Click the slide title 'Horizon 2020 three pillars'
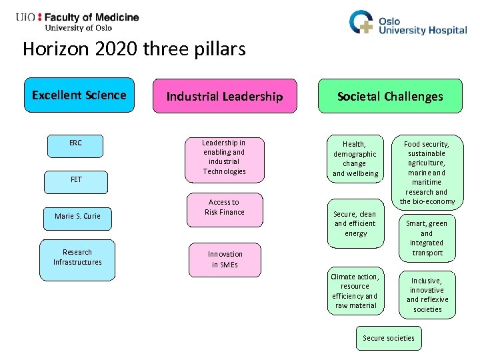click(x=134, y=49)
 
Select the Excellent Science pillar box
click(x=79, y=95)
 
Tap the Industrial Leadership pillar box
click(x=225, y=97)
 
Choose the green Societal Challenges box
click(x=390, y=97)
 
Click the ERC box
click(x=75, y=145)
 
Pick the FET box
click(x=75, y=181)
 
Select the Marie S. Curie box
click(x=77, y=217)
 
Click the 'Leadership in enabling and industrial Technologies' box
click(x=224, y=157)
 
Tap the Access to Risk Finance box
click(x=224, y=207)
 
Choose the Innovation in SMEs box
click(x=225, y=259)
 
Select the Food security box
click(x=427, y=172)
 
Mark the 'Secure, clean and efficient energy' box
click(x=355, y=223)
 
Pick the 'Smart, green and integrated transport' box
click(x=427, y=237)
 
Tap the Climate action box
click(x=355, y=291)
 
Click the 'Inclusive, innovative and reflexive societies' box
click(x=427, y=295)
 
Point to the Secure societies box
click(x=388, y=338)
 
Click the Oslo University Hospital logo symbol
click(x=363, y=23)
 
